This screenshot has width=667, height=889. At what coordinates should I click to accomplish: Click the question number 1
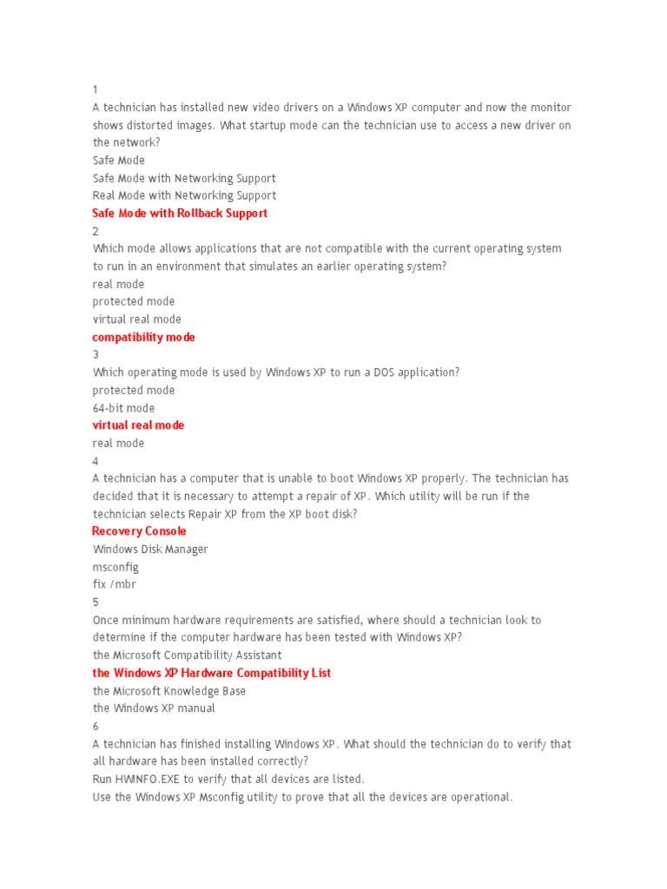(96, 89)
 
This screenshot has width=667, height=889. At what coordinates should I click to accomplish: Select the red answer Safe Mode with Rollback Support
(180, 213)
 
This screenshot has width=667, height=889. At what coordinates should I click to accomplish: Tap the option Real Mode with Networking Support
(184, 195)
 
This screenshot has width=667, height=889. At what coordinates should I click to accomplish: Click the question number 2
(96, 231)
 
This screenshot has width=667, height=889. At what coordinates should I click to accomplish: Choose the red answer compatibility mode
(144, 337)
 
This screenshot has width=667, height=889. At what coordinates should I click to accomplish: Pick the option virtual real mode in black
(137, 319)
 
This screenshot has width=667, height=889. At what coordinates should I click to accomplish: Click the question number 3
(96, 354)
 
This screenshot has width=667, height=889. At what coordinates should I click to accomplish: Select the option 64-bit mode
(123, 408)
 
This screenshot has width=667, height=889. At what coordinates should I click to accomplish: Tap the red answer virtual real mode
(138, 425)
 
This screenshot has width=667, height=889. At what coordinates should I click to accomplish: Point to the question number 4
(96, 461)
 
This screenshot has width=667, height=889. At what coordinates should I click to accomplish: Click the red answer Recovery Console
(139, 531)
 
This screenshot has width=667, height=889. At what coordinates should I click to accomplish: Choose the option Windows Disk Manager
(150, 550)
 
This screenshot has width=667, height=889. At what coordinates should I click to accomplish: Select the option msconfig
(116, 567)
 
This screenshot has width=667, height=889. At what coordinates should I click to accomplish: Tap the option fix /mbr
(115, 584)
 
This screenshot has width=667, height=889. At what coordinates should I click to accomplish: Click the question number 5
(96, 602)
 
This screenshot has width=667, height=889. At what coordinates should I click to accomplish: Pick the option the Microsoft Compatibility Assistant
(188, 655)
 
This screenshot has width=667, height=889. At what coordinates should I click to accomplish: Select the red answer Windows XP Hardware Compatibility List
(212, 673)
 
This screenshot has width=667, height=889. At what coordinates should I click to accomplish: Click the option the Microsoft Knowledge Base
(169, 691)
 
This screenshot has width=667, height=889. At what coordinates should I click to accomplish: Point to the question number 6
(96, 726)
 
